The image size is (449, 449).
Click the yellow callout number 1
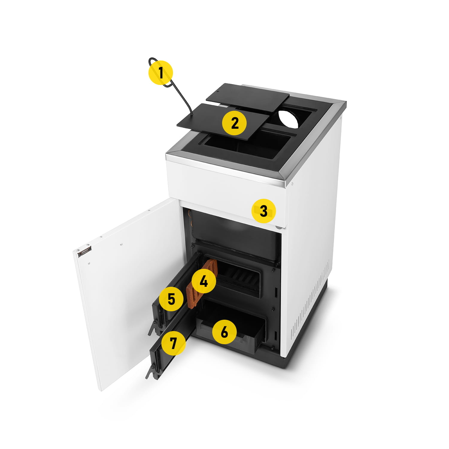pyautogui.click(x=161, y=73)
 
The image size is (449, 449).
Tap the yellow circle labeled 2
pyautogui.click(x=234, y=123)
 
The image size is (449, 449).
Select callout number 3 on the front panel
pyautogui.click(x=263, y=211)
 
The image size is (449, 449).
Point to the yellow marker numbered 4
pyautogui.click(x=204, y=281)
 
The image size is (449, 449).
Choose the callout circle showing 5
pyautogui.click(x=171, y=299)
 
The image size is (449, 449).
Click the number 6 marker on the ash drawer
pyautogui.click(x=224, y=332)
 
